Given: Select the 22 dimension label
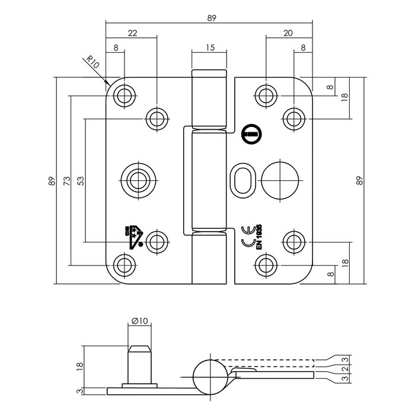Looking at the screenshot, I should click(132, 34).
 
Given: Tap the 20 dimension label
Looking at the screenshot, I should click(288, 34).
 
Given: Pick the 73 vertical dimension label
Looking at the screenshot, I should click(67, 179).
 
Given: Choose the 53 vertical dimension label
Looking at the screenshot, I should click(81, 179).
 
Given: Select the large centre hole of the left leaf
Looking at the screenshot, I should click(138, 179).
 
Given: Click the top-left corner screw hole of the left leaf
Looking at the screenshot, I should click(124, 95).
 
